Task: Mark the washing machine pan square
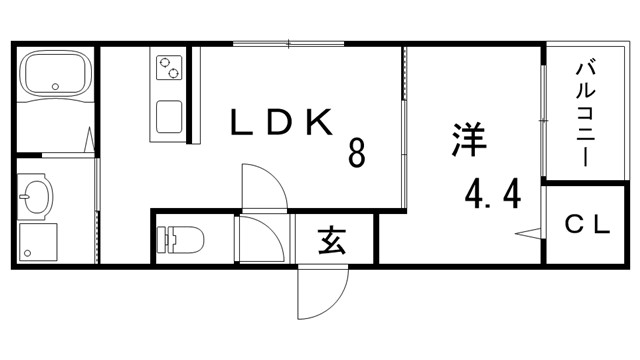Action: (37, 241)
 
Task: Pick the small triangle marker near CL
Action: (530, 235)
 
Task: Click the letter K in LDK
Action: (319, 123)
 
